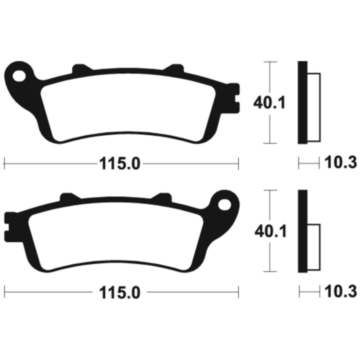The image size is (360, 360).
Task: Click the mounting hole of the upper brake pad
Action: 19,76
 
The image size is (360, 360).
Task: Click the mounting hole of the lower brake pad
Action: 224,204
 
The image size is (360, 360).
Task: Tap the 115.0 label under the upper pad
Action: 119,164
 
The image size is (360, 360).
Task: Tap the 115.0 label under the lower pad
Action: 119,292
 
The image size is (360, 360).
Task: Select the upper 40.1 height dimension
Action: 269,102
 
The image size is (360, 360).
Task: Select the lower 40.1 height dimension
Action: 270,231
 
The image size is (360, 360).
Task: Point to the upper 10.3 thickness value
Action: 340,162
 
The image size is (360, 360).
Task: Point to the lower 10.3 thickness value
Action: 340,291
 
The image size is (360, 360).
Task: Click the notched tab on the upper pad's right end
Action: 233,98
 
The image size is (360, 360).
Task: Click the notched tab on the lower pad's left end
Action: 10,227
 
